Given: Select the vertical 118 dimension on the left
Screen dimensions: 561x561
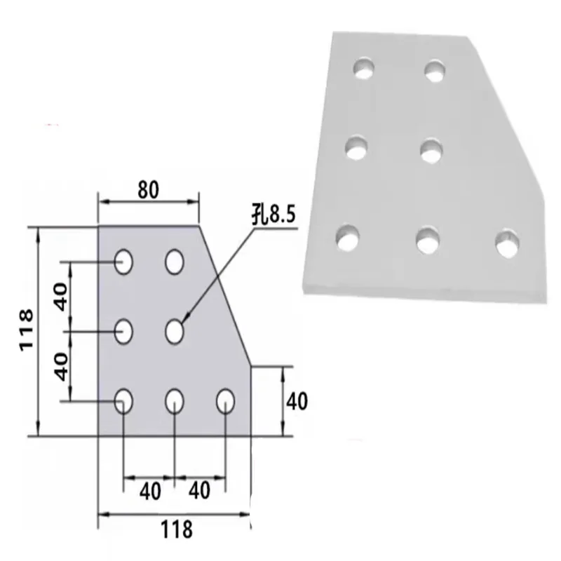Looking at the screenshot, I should click(25, 331).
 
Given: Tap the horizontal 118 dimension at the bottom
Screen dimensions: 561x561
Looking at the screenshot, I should click(175, 529).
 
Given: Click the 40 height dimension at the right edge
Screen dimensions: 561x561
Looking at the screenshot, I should click(297, 401).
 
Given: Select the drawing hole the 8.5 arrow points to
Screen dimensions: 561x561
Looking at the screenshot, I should click(175, 331).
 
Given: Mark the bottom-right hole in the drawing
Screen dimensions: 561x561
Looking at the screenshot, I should click(225, 401).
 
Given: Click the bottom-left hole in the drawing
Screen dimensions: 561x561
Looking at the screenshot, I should click(125, 401).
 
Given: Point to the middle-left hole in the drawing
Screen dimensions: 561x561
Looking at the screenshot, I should click(125, 331).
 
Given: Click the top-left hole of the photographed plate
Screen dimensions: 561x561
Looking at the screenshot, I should click(363, 68).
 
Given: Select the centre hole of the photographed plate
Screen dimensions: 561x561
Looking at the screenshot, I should click(431, 149).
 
